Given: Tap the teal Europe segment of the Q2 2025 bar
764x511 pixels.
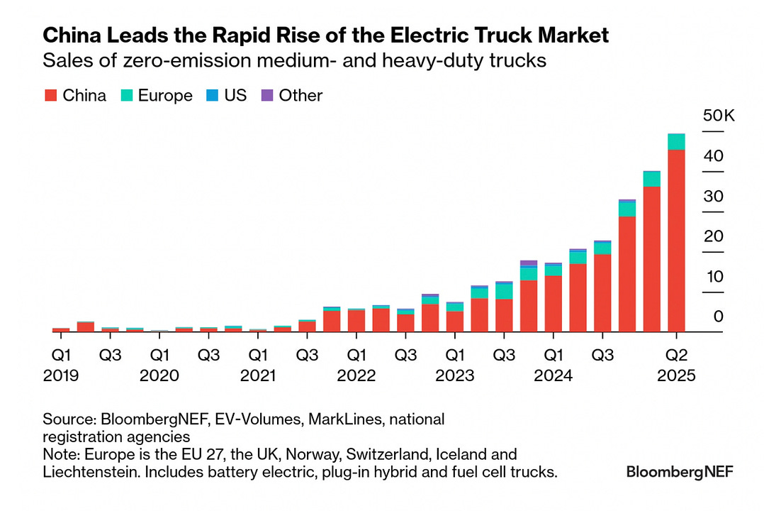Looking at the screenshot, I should point(676,141).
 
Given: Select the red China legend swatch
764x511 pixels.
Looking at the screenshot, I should point(50,96).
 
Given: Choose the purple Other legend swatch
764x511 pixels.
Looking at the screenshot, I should point(266,96).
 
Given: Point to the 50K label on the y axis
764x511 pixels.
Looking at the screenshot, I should point(719,116).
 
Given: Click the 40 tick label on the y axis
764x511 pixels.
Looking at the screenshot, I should point(713,155).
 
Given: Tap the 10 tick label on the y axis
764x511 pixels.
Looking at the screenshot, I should point(713,276).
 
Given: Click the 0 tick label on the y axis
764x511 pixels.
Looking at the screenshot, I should point(719,317).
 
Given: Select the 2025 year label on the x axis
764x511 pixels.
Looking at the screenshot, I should point(677,376).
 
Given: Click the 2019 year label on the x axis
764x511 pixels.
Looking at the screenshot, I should point(62,376).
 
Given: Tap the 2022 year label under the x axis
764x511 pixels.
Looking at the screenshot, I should point(356,376).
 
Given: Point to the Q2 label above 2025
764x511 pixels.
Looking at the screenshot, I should point(677,353).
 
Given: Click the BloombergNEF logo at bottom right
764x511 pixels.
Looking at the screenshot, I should point(680,472).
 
